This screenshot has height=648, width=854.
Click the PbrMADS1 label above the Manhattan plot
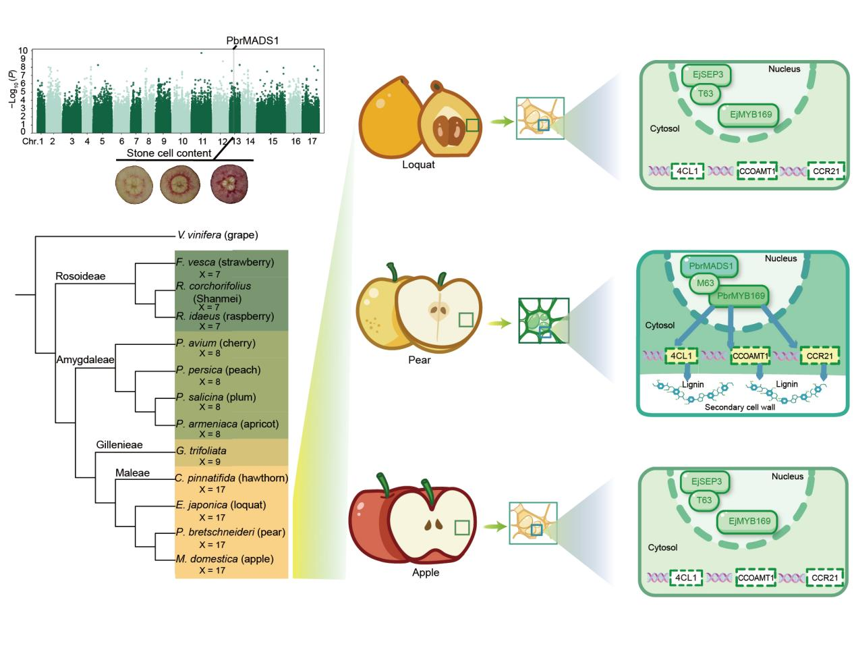pos(252,40)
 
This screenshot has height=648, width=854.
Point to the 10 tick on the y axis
pos(24,51)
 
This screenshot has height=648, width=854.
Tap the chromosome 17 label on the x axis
pos(312,141)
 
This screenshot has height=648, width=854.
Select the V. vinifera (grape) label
pos(218,236)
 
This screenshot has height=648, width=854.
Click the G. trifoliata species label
pos(201,451)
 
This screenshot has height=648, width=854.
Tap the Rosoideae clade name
pos(81,276)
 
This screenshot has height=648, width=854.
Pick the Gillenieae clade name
pos(119,445)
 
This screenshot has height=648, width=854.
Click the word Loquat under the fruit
pos(418,164)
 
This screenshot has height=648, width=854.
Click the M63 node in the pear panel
pos(706,283)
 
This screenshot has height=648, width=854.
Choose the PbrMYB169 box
pos(741,296)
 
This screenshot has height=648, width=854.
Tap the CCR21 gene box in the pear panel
pos(820,355)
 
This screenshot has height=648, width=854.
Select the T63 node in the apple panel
pos(704,500)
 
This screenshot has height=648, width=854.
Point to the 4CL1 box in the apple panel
pos(686,578)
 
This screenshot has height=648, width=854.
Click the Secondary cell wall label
pos(739,407)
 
